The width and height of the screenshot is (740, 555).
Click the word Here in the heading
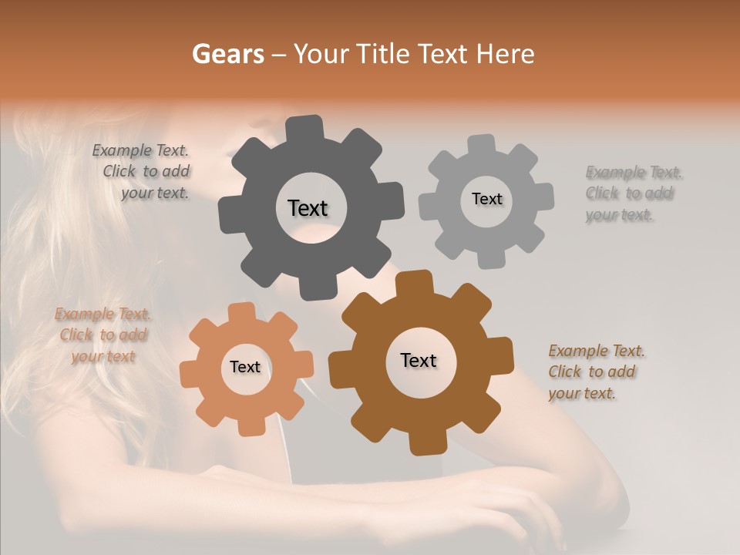pyautogui.click(x=504, y=54)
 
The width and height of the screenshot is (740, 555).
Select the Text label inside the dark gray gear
pyautogui.click(x=308, y=208)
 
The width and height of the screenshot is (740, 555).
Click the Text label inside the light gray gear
pyautogui.click(x=486, y=199)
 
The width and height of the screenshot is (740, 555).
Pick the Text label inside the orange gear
pyautogui.click(x=245, y=367)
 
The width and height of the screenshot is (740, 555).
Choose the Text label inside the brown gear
pyautogui.click(x=419, y=360)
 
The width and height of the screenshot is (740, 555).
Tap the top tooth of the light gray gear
pyautogui.click(x=482, y=145)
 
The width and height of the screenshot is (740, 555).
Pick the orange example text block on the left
pyautogui.click(x=103, y=335)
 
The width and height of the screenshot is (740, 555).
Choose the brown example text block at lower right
pyautogui.click(x=596, y=372)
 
